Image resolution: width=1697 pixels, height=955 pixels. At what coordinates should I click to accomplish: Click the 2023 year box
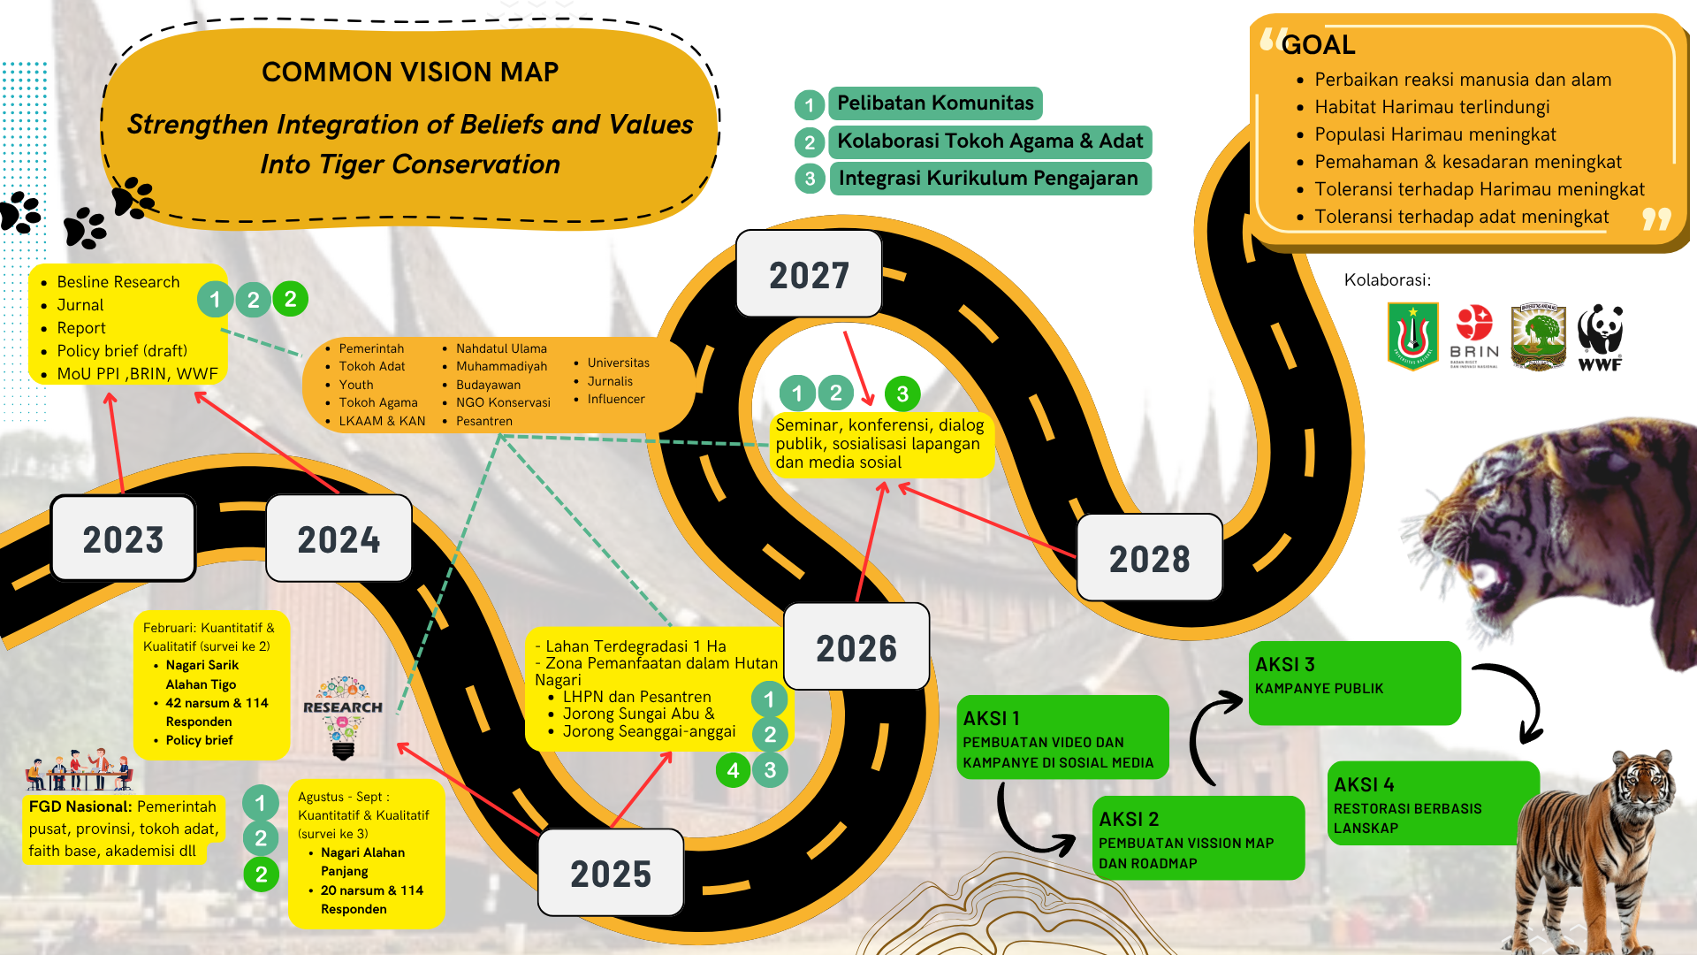pos(123,539)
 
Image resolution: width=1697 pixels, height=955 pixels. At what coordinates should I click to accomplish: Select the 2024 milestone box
pos(339,539)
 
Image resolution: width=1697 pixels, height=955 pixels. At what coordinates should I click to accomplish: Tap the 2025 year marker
pos(611,873)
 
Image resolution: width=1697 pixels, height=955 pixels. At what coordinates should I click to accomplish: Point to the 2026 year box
pos(856,647)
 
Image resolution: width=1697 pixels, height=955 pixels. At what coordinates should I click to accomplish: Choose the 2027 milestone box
pos(809,274)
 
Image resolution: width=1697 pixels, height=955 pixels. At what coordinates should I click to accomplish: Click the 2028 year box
pos(1149,558)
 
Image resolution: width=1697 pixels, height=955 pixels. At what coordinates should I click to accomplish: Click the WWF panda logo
pos(1601,336)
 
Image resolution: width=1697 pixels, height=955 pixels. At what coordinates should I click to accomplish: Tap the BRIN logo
pos(1474,335)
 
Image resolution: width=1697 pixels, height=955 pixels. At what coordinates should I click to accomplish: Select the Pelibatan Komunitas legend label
pos(935,103)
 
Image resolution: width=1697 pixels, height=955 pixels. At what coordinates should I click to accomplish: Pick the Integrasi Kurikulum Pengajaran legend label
pos(988,179)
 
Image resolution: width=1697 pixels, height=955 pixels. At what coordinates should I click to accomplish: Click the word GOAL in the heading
pos(1318,45)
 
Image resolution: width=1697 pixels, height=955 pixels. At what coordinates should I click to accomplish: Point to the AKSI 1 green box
pos(1062,737)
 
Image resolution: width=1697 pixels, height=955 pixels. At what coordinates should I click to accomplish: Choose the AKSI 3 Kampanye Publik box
pos(1353,683)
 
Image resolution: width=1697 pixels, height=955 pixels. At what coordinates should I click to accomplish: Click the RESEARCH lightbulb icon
pos(343,717)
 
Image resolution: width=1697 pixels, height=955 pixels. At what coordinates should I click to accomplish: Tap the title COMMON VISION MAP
pos(410,72)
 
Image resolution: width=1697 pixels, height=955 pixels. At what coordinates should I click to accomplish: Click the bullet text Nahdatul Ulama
pos(501,348)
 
